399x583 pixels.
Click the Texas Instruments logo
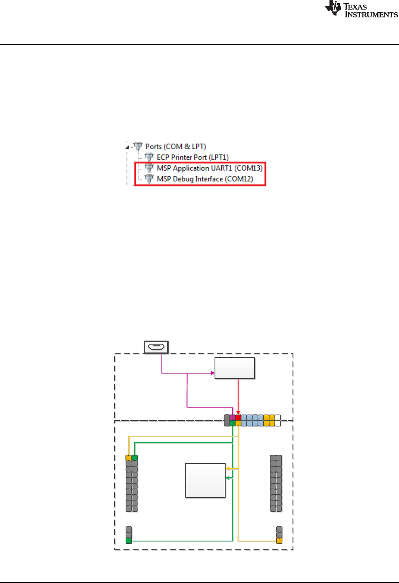click(361, 9)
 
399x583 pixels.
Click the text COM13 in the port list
click(249, 168)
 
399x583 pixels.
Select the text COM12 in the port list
click(239, 179)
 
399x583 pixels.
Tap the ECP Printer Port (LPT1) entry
click(192, 157)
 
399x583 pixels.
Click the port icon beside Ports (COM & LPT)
click(138, 147)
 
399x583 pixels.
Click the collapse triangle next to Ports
click(127, 147)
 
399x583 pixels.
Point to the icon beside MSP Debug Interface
click(149, 179)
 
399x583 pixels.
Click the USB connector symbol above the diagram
click(156, 347)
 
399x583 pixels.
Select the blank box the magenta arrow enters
click(234, 368)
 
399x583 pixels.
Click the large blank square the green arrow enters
click(205, 480)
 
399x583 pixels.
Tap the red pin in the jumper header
click(238, 417)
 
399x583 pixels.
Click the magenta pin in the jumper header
click(232, 417)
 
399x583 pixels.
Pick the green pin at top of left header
click(135, 458)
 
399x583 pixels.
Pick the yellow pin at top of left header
click(129, 458)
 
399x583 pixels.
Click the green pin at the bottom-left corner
click(129, 541)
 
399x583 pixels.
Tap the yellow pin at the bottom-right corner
click(279, 541)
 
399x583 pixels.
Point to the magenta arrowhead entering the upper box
click(213, 373)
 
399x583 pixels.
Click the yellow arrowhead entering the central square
click(228, 469)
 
